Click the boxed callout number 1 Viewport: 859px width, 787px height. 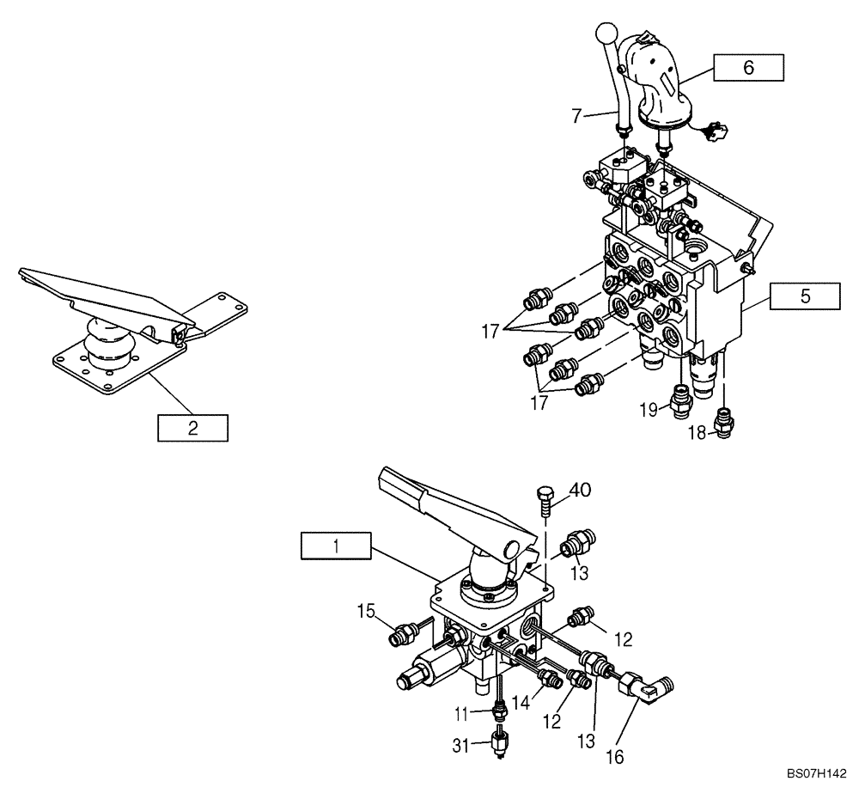pos(336,546)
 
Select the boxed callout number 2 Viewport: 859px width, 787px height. pos(192,428)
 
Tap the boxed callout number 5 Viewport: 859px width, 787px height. pos(805,296)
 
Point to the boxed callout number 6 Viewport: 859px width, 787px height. pos(748,68)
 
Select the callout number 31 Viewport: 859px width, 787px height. pos(461,746)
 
